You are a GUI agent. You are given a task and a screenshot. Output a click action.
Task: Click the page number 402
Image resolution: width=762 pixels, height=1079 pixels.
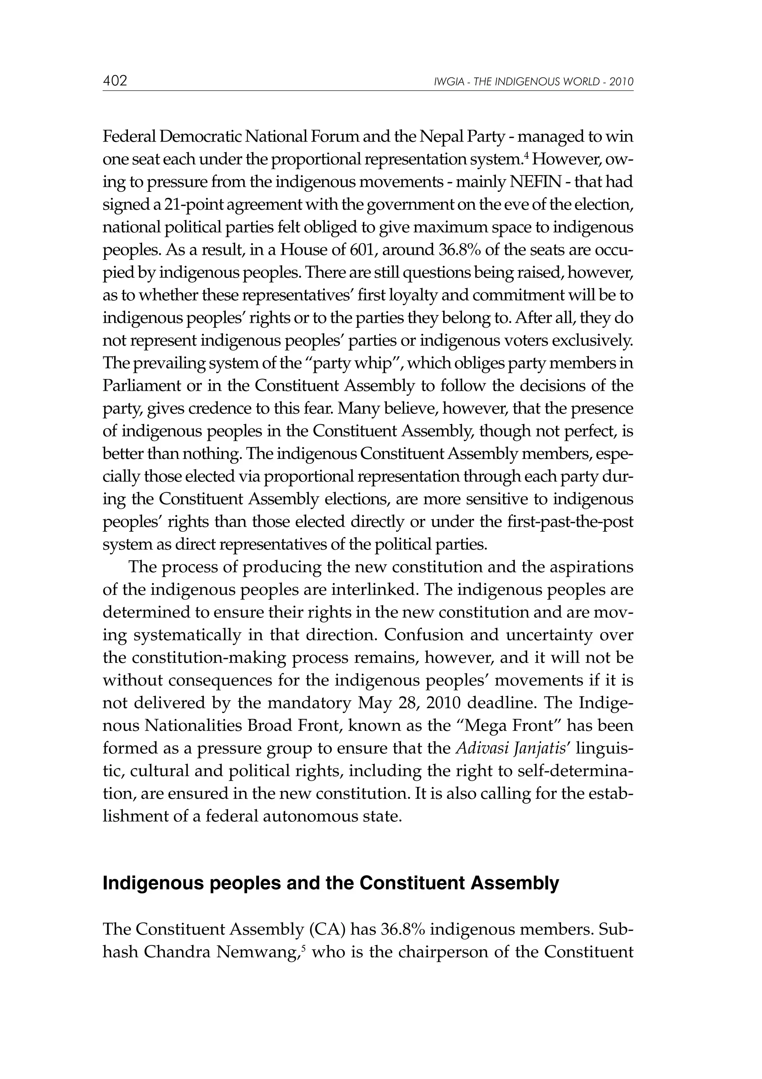[x=115, y=81]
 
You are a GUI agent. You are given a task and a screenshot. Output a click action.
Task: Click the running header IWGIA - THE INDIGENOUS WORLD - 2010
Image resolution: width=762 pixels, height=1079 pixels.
[x=534, y=82]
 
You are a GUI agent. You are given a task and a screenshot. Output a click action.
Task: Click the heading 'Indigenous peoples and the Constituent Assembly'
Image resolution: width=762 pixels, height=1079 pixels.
[x=330, y=883]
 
